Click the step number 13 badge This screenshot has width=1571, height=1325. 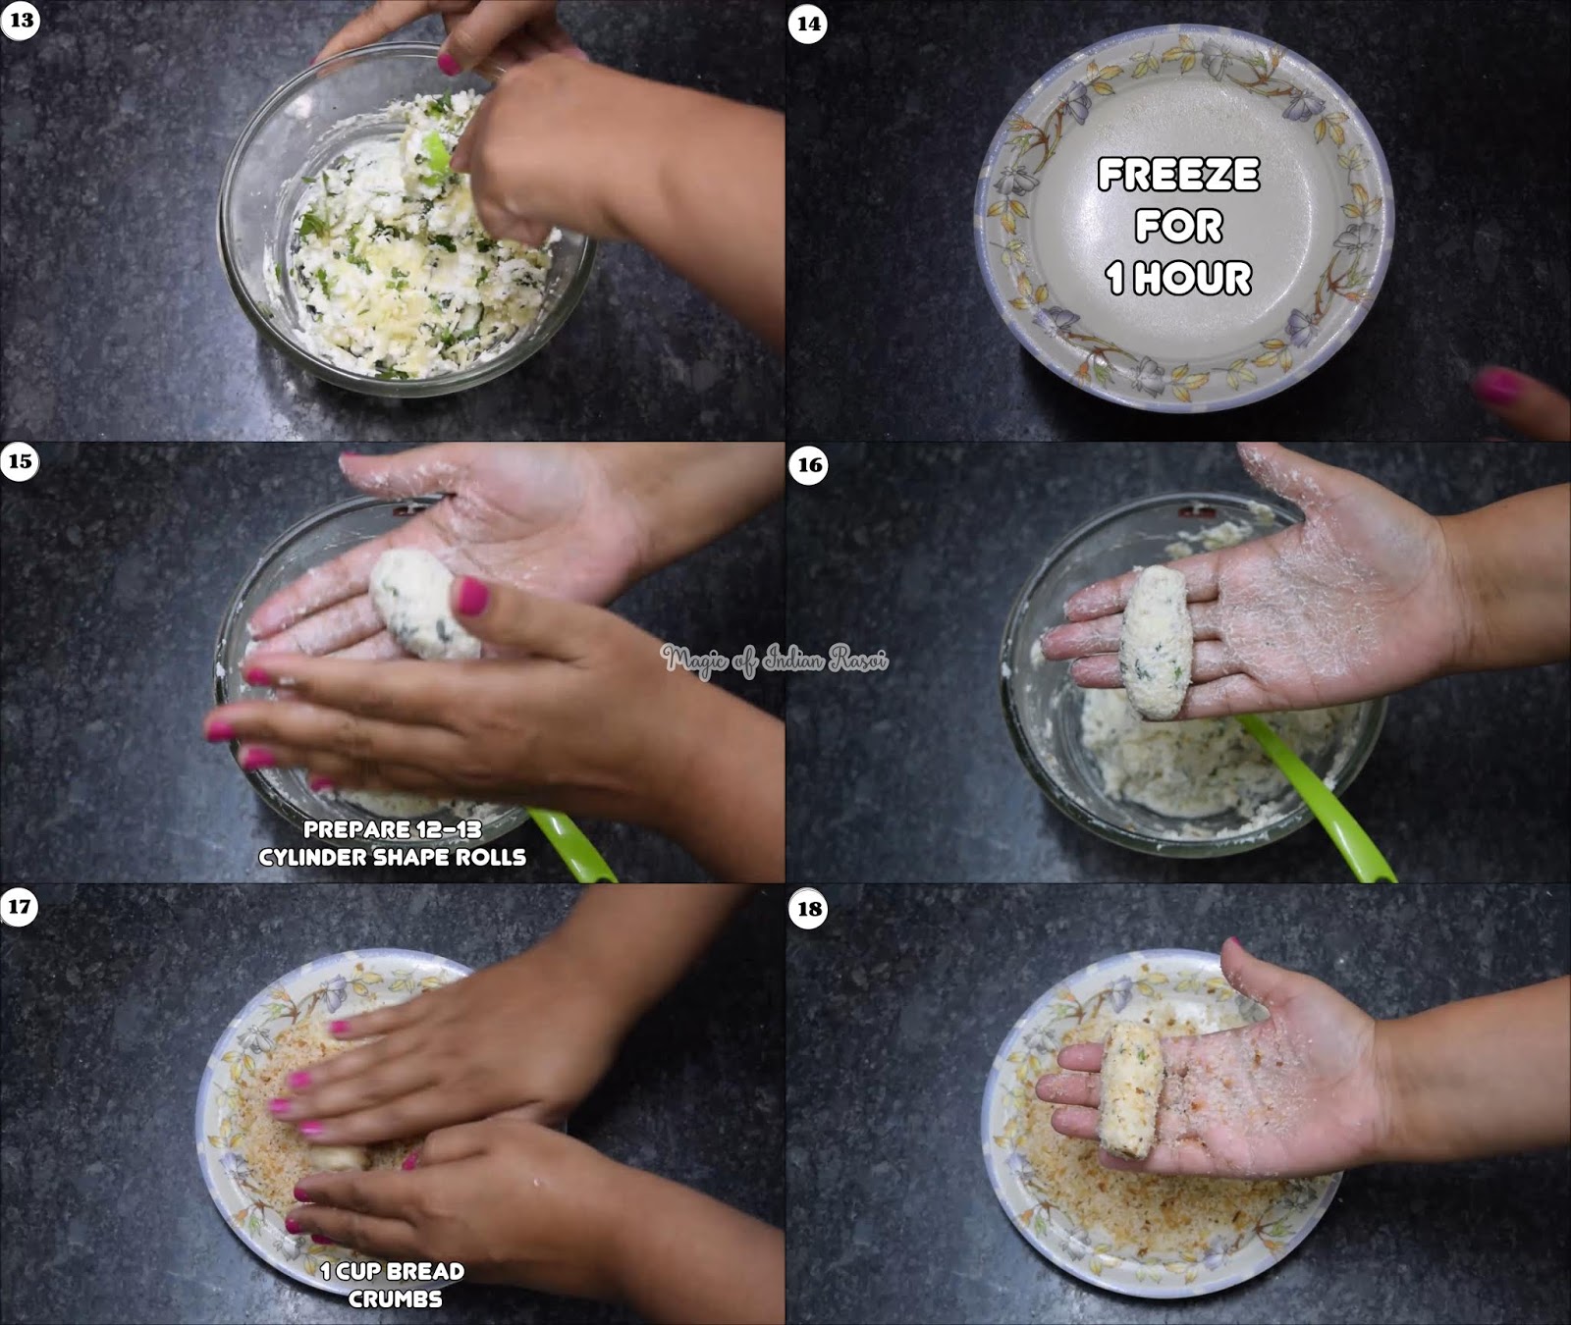tap(20, 21)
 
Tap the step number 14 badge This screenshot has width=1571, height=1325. tap(808, 24)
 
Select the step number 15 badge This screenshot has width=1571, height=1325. tap(20, 461)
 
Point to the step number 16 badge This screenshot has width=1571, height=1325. tap(809, 465)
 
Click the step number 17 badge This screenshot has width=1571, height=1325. tap(20, 905)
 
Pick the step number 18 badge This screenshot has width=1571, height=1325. tap(809, 909)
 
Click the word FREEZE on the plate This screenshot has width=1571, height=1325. tap(1178, 176)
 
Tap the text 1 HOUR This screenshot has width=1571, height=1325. tap(1178, 278)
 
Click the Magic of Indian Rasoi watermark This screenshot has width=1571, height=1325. tap(775, 660)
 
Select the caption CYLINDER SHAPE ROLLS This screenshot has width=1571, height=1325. tap(393, 857)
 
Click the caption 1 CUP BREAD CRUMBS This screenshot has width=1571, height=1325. tap(393, 1284)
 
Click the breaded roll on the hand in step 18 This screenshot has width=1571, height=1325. tap(1130, 1088)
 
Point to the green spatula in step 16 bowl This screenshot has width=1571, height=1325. tap(1316, 795)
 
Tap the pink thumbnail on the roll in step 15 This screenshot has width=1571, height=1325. tap(471, 596)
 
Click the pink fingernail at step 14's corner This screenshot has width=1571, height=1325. tap(1499, 386)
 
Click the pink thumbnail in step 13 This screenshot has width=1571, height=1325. tap(449, 65)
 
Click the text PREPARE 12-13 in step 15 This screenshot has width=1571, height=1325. tap(393, 829)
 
